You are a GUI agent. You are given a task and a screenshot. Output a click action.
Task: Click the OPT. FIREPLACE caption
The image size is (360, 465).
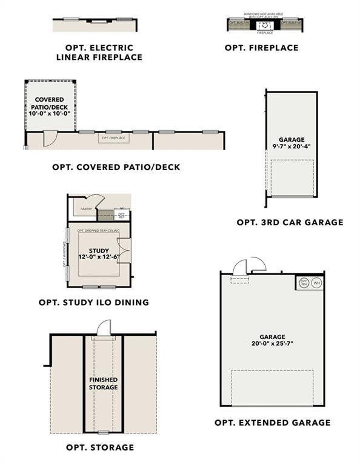(x=261, y=47)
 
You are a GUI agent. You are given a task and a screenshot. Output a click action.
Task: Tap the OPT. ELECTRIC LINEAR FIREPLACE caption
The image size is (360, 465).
(x=99, y=52)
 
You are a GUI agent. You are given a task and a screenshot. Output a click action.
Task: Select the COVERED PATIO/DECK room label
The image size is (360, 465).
(x=50, y=104)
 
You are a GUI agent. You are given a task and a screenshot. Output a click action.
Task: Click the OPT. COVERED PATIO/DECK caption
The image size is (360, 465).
(x=116, y=167)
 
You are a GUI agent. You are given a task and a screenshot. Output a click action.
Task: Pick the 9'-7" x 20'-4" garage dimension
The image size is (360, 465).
(x=292, y=146)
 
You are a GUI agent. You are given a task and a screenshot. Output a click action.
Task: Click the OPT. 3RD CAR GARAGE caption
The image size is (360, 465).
(x=290, y=222)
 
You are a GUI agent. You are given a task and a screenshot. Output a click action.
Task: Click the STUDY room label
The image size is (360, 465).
(x=98, y=250)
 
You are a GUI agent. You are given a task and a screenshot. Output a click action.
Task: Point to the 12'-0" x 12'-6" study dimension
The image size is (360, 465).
(x=98, y=257)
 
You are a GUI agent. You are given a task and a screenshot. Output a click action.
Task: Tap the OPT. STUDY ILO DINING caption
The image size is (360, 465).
(x=93, y=302)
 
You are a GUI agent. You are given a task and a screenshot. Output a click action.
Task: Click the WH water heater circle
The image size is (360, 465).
(x=316, y=283)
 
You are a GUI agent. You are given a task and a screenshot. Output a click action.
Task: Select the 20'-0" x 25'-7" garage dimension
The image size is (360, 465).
(x=273, y=343)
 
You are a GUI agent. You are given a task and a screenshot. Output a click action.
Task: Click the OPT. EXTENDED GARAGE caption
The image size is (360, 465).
(x=273, y=422)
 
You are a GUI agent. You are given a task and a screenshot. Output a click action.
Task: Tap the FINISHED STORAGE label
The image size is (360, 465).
(x=103, y=383)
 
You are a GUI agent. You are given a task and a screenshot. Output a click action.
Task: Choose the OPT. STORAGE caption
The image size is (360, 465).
(x=100, y=447)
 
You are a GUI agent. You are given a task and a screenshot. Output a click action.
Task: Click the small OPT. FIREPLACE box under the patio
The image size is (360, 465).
(x=113, y=138)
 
